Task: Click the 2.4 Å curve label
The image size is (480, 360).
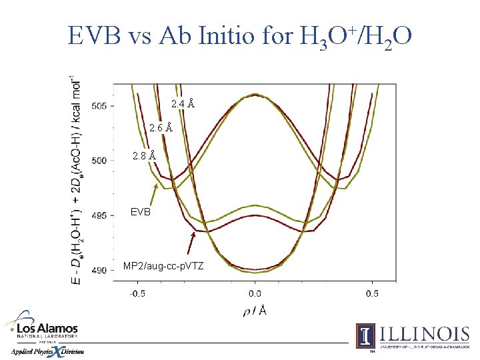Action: (x=183, y=104)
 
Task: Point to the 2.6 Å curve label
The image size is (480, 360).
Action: (x=161, y=127)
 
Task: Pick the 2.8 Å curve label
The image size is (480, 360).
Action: (x=144, y=155)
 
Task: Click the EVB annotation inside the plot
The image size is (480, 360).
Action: (x=141, y=212)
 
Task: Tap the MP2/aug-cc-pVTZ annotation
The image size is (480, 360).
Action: (x=163, y=266)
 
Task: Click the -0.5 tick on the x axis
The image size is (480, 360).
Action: (x=137, y=293)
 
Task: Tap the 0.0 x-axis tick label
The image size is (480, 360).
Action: (x=255, y=293)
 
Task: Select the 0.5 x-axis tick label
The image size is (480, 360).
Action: (x=372, y=293)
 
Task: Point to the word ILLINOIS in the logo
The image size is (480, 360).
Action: (x=424, y=333)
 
